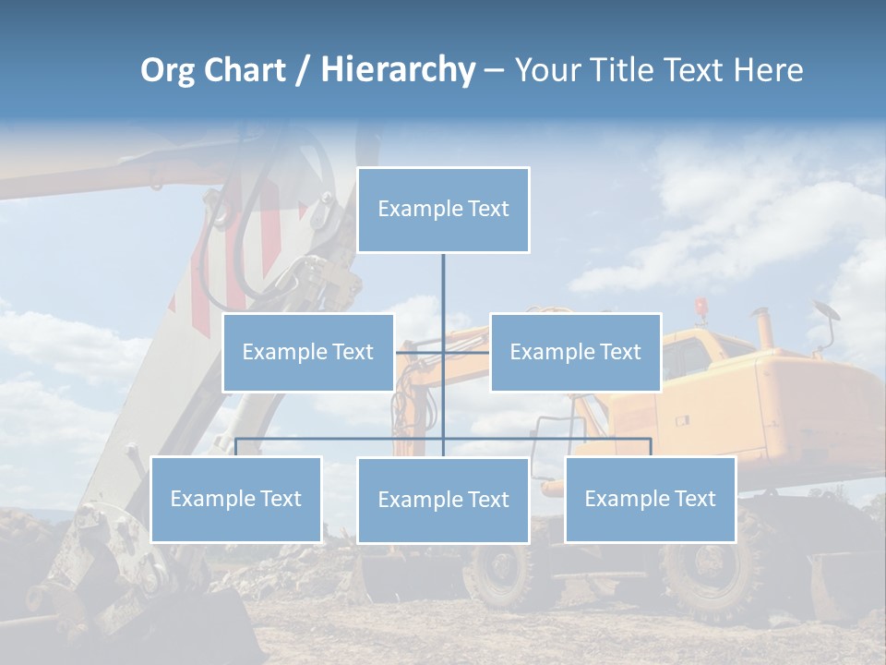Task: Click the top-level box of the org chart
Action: [443, 210]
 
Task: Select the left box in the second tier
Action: [308, 352]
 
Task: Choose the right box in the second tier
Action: [575, 352]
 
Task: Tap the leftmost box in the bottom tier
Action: [236, 499]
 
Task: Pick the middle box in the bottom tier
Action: [443, 500]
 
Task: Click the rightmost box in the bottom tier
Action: [650, 499]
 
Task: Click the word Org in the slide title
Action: [167, 71]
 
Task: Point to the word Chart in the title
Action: [244, 71]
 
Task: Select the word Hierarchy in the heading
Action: [397, 71]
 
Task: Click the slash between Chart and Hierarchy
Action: [302, 71]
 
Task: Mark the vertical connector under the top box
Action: [443, 286]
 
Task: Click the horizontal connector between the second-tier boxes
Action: [443, 352]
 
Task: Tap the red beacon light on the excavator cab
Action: [701, 306]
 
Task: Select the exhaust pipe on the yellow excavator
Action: [765, 328]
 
